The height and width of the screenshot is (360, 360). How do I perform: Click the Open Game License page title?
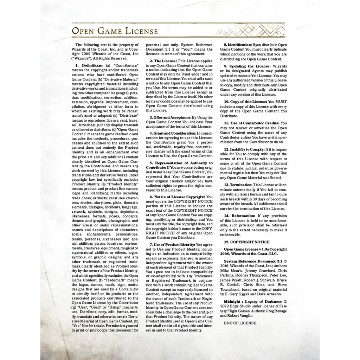tap(115, 31)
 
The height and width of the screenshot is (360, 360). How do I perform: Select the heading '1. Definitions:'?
tap(89, 66)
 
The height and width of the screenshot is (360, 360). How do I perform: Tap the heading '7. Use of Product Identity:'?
tap(172, 244)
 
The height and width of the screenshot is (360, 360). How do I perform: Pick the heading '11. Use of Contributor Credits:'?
tap(252, 123)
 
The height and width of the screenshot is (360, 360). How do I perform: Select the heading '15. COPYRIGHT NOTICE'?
tap(246, 242)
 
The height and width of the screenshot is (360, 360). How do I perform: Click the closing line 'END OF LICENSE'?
tap(240, 323)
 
